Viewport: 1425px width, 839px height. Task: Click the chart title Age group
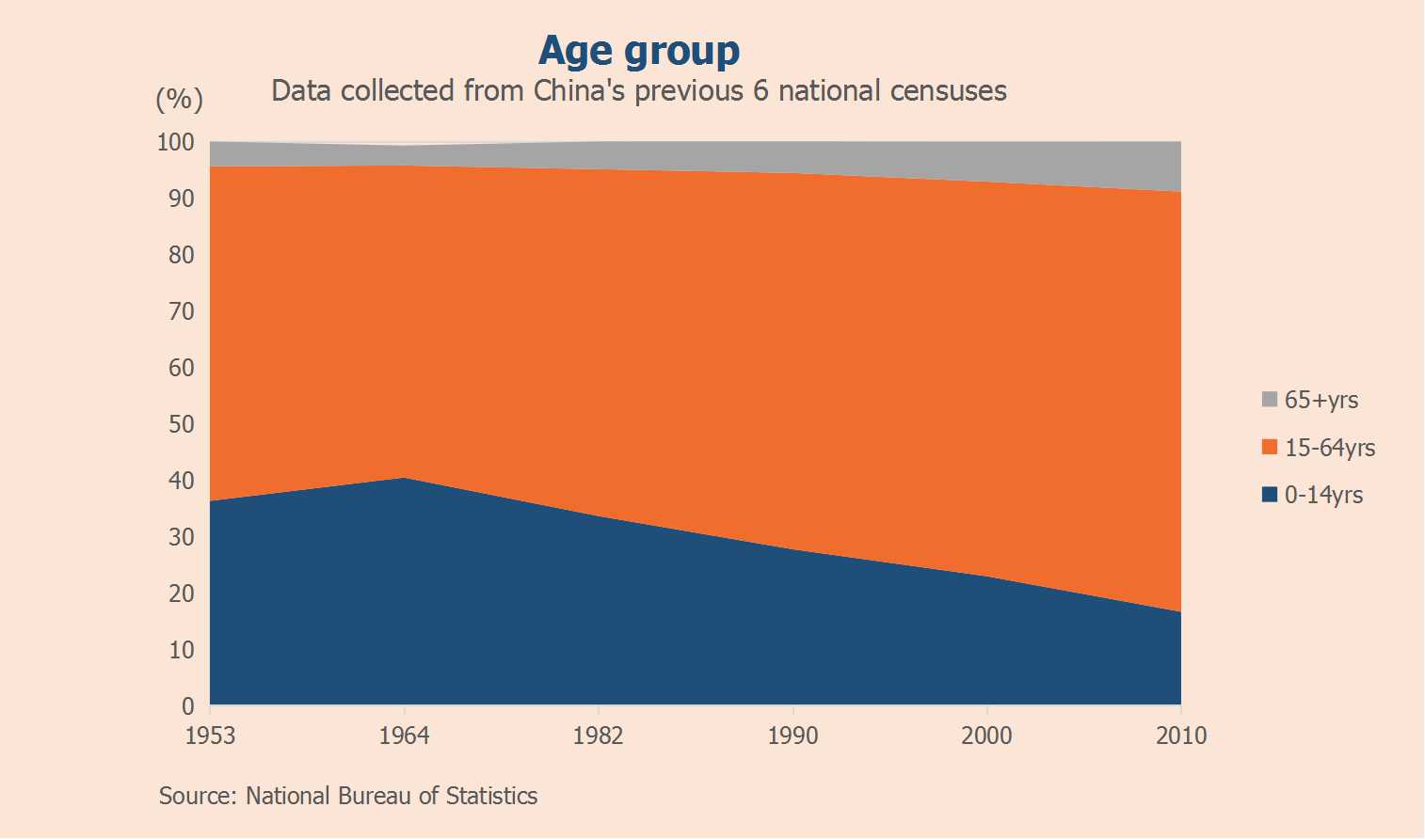pos(639,51)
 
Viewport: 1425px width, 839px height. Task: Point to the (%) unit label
pos(179,99)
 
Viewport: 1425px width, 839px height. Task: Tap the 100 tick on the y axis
pos(176,142)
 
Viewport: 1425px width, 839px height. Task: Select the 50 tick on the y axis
pos(182,424)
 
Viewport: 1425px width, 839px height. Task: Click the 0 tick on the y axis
pos(188,705)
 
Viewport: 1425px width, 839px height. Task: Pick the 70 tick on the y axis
pos(182,311)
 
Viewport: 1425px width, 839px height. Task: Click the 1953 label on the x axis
pos(210,736)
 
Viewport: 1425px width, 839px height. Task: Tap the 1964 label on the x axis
pos(404,736)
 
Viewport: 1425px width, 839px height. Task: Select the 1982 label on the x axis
pos(598,736)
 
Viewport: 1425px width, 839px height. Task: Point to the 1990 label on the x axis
pos(793,736)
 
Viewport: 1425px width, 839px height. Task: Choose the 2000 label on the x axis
pos(986,736)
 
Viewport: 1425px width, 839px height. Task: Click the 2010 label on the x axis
pos(1180,736)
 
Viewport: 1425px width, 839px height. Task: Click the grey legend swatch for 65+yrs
pos(1270,400)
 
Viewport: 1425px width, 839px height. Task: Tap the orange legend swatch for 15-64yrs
pos(1270,448)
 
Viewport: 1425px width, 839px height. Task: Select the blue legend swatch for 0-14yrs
pos(1270,495)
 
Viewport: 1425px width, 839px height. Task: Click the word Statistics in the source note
pos(491,797)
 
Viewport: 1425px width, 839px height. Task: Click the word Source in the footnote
pos(197,797)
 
